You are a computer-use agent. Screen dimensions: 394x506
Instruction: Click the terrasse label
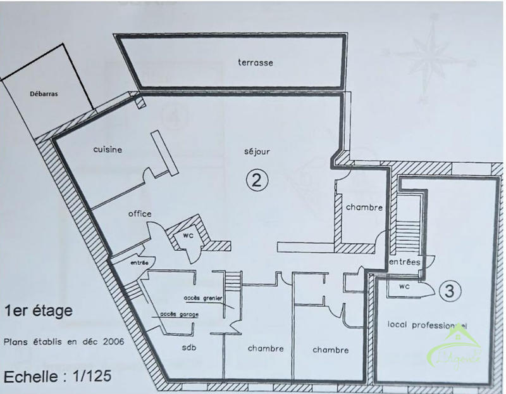coord(255,63)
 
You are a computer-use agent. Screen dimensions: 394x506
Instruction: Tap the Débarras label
coord(44,94)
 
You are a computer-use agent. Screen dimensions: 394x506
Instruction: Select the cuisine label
coord(107,149)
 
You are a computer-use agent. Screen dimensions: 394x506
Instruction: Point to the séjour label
coord(257,153)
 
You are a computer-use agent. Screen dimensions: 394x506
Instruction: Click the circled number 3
coord(449,292)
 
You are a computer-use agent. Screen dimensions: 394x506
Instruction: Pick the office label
coord(139,213)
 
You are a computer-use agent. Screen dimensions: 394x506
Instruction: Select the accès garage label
coord(175,314)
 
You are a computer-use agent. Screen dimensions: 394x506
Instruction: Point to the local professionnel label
coord(427,324)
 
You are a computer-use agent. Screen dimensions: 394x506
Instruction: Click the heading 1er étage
coord(37,311)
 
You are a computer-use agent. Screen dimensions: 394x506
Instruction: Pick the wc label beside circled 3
coord(403,287)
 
